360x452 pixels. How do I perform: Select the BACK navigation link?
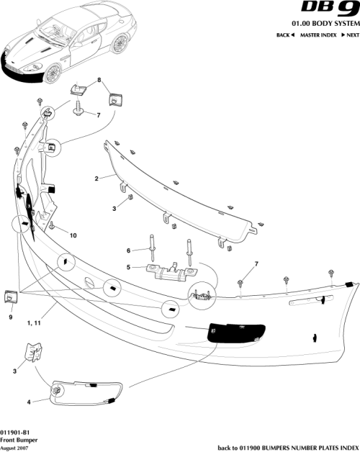(287, 35)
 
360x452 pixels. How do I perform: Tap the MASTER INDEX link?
(319, 35)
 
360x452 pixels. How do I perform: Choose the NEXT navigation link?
(349, 35)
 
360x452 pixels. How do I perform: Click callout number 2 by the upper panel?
(96, 177)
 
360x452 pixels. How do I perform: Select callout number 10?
(73, 235)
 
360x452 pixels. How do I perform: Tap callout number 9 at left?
(11, 317)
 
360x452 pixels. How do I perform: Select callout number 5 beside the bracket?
(128, 268)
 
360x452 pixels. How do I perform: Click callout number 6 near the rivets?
(128, 250)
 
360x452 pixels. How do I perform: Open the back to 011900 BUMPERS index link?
(286, 446)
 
